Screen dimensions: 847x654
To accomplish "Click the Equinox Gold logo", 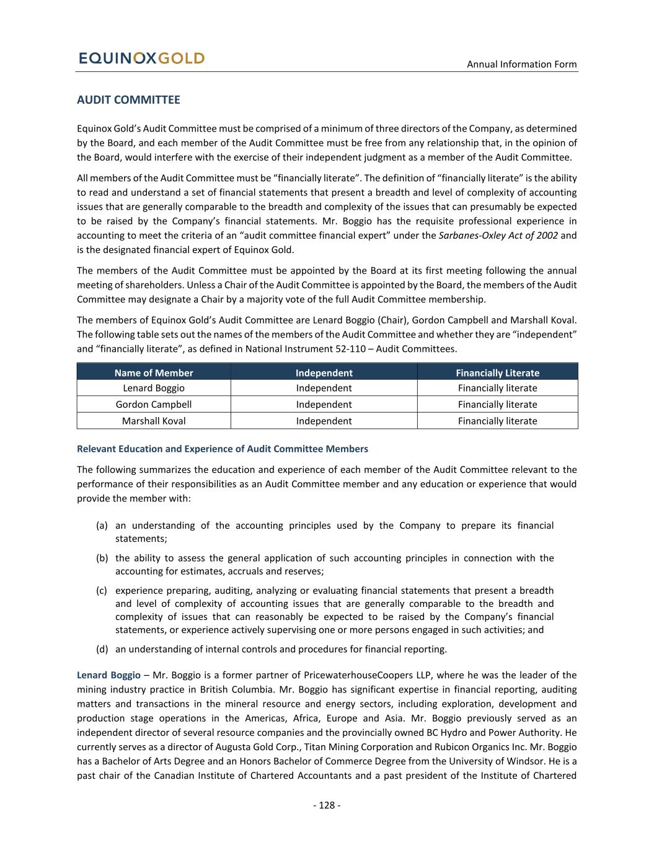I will pyautogui.click(x=141, y=58).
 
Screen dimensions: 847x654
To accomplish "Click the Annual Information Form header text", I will pyautogui.click(x=521, y=64).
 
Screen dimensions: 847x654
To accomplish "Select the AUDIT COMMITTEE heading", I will pyautogui.click(x=128, y=100).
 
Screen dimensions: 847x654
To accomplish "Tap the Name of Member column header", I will pyautogui.click(x=154, y=373).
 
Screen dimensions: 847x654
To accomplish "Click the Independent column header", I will pyautogui.click(x=324, y=373).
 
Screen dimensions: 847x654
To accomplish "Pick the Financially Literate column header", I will pyautogui.click(x=497, y=373).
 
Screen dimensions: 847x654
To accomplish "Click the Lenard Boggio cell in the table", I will pyautogui.click(x=154, y=388).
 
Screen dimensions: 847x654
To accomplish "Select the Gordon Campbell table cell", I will pyautogui.click(x=154, y=405).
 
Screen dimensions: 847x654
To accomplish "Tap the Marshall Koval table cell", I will pyautogui.click(x=154, y=421).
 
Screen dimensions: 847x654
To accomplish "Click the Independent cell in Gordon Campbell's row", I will pyautogui.click(x=324, y=405).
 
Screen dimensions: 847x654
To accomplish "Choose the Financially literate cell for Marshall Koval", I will pyautogui.click(x=497, y=421).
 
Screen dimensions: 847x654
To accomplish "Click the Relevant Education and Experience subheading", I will pyautogui.click(x=222, y=449).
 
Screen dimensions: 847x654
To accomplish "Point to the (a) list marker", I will pyautogui.click(x=102, y=526).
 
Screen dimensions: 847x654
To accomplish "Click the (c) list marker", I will pyautogui.click(x=102, y=591).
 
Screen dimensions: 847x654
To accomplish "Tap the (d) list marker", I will pyautogui.click(x=102, y=649).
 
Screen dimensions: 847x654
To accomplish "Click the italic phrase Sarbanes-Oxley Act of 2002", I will pyautogui.click(x=498, y=236).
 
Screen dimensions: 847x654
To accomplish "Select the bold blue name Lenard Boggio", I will pyautogui.click(x=108, y=675).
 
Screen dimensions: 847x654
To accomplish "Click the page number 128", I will pyautogui.click(x=327, y=805).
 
